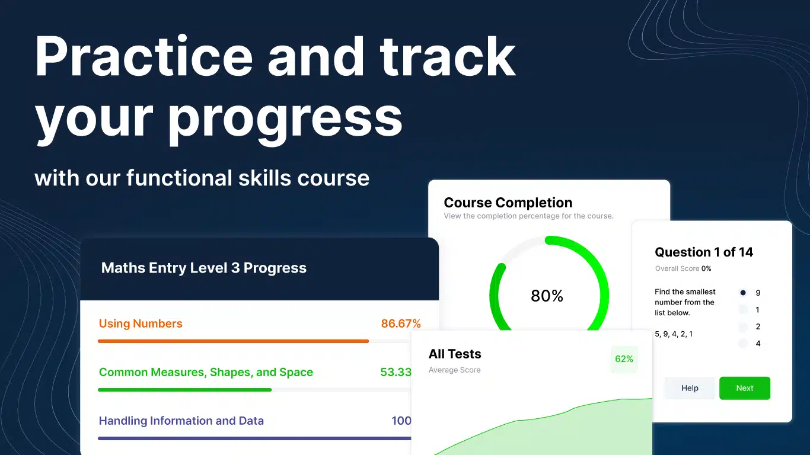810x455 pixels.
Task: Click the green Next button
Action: [745, 388]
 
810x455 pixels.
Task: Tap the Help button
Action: [690, 388]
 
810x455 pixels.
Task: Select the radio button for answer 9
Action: [743, 293]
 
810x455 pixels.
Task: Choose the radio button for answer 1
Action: [743, 310]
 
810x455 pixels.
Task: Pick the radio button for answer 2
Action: [743, 326]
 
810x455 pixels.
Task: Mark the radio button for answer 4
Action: [743, 344]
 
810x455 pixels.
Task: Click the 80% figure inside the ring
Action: [547, 296]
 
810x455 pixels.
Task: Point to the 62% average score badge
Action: [624, 359]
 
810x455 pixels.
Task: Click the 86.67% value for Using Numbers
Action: [401, 323]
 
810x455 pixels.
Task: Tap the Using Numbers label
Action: [141, 323]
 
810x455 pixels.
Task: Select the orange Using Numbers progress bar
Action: [233, 341]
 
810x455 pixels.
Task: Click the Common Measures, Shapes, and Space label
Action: [206, 372]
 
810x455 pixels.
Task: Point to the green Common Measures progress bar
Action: [185, 390]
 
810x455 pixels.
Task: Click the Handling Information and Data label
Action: [181, 421]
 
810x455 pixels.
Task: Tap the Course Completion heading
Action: [508, 203]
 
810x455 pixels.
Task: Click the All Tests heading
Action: [455, 354]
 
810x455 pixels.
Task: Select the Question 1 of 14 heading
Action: [704, 252]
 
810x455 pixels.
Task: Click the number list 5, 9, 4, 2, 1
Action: [674, 334]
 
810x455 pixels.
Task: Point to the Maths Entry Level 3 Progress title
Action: [203, 268]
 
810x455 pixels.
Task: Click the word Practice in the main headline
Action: [143, 56]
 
